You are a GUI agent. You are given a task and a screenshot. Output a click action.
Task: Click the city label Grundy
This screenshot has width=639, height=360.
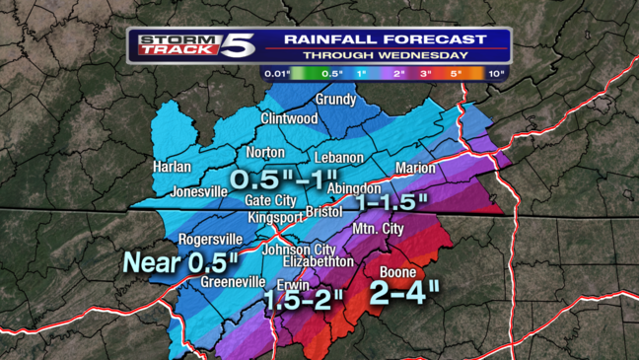coord(335,101)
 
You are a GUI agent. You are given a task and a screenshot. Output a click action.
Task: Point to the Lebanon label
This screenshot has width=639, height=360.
coord(339,158)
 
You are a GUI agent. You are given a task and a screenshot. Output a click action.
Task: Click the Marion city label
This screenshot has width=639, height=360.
coord(414,168)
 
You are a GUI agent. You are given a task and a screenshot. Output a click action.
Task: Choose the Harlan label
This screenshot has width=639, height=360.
coord(173,168)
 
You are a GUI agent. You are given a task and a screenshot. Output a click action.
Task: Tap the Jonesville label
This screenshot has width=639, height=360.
coord(199,191)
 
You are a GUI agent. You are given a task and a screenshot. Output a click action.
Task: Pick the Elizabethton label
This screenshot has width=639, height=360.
coord(318,262)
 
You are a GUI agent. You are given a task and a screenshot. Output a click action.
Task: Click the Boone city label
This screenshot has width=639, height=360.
coord(396,273)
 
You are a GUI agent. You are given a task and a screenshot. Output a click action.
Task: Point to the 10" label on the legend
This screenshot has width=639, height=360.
coord(496,73)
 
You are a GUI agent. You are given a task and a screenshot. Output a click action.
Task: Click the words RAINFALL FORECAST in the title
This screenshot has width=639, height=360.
coord(386,39)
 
